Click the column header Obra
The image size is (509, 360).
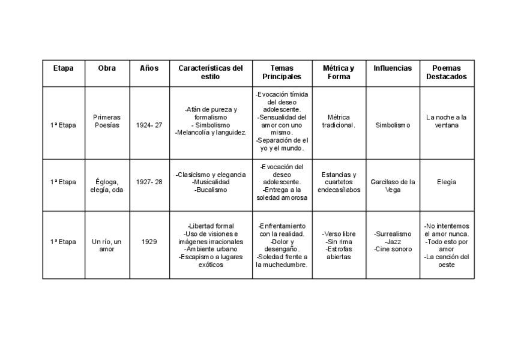(107, 68)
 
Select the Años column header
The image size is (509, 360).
(149, 68)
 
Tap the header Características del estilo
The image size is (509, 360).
(211, 73)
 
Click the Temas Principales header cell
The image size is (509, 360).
(282, 73)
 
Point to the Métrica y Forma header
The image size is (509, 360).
(339, 73)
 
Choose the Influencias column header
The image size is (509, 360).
(393, 68)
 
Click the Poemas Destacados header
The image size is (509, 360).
(447, 73)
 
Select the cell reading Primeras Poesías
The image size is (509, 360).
(107, 121)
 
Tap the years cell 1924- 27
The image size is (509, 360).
(149, 125)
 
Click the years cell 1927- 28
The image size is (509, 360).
(149, 182)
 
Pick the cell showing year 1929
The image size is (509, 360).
(149, 242)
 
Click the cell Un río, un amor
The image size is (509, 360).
(107, 245)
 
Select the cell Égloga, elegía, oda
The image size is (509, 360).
(107, 186)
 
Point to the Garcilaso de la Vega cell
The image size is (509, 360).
(393, 186)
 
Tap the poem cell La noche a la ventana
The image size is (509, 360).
(447, 121)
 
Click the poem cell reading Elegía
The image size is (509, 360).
(447, 182)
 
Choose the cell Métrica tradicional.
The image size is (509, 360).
(339, 121)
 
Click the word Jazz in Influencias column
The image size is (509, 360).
(393, 241)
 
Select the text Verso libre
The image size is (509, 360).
(339, 233)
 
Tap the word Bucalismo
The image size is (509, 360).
(211, 190)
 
